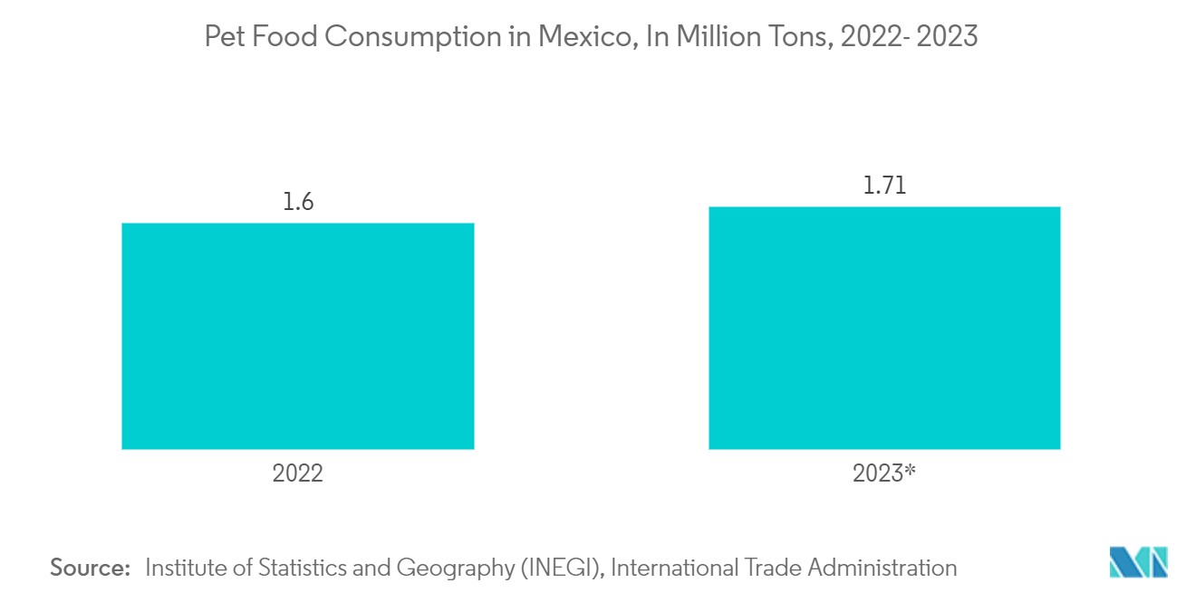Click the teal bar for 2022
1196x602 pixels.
(x=297, y=336)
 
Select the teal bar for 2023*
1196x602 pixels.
(x=883, y=328)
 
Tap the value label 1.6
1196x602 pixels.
(x=297, y=202)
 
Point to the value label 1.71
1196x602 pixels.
(x=884, y=186)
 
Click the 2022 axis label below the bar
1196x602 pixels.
(x=297, y=473)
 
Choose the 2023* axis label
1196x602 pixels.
(x=885, y=473)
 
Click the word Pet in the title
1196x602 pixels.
(x=223, y=37)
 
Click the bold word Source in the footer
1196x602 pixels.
(x=90, y=568)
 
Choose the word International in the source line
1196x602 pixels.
(x=675, y=568)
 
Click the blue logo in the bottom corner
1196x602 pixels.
(x=1139, y=562)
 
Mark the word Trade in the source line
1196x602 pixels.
(x=773, y=568)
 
